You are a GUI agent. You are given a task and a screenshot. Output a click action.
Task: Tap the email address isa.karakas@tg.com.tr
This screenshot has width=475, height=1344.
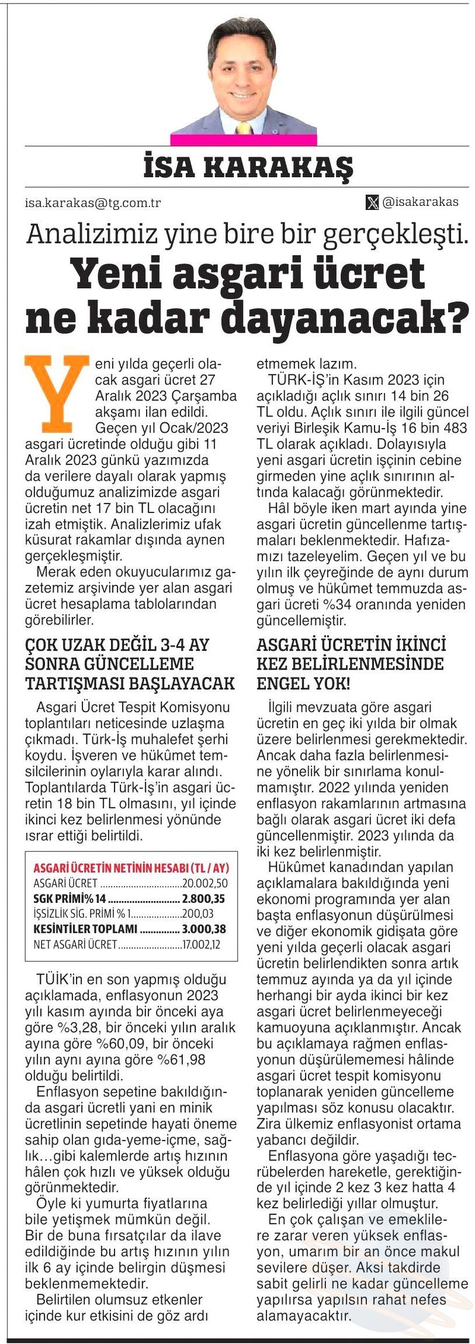(x=93, y=203)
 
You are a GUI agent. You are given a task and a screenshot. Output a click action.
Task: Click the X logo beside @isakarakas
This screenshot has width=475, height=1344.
(x=372, y=202)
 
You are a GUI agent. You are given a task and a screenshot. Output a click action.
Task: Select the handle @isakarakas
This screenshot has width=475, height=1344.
(x=420, y=202)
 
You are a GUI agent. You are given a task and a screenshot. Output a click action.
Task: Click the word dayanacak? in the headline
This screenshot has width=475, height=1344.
(x=348, y=316)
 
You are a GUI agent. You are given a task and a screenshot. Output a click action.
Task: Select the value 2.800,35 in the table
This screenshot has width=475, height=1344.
(x=203, y=898)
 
